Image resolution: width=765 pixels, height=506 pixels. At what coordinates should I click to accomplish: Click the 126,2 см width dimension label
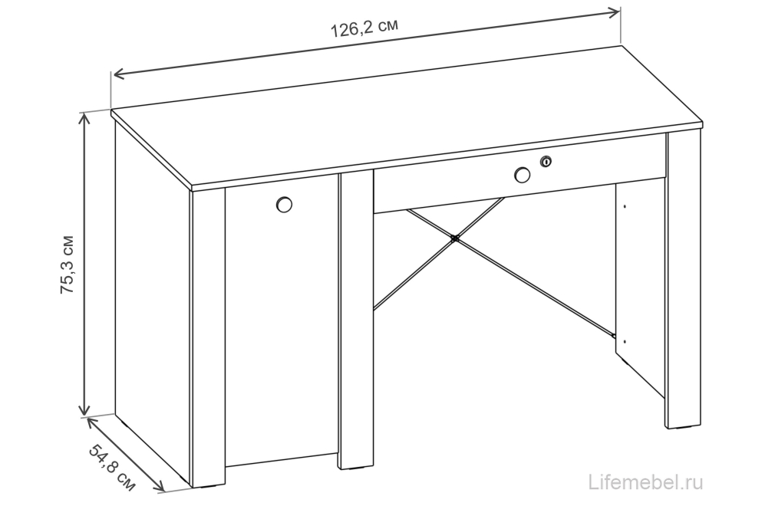[x=364, y=28]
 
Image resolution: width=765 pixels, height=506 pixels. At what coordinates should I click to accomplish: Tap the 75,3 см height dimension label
[x=68, y=264]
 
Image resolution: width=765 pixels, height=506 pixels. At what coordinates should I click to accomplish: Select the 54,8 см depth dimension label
[x=112, y=468]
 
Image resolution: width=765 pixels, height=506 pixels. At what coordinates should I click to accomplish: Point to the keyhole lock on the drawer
[x=546, y=161]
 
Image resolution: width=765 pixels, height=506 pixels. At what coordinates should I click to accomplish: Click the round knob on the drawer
[x=522, y=175]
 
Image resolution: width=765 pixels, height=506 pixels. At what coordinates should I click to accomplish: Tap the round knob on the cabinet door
[x=284, y=205]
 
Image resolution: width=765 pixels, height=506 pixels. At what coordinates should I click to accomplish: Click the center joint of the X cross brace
[x=455, y=238]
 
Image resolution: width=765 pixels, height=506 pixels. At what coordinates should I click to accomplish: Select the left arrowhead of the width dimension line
[x=119, y=74]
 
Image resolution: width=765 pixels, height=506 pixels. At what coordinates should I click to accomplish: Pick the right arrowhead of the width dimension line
[x=614, y=13]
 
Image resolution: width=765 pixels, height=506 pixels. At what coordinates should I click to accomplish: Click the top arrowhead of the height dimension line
[x=85, y=119]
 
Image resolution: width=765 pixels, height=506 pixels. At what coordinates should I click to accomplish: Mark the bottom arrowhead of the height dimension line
[x=85, y=409]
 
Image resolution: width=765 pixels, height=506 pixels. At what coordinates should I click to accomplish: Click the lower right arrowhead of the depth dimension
[x=159, y=485]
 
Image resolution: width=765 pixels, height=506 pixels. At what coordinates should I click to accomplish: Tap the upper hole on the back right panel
[x=625, y=207]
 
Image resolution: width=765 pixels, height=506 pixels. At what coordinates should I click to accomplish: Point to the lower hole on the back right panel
[x=625, y=341]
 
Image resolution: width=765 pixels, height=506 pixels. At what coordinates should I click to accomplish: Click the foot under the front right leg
[x=683, y=429]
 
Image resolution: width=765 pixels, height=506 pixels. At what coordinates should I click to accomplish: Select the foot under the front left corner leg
[x=207, y=487]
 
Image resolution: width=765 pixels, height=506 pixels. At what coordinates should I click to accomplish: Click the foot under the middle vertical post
[x=354, y=469]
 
